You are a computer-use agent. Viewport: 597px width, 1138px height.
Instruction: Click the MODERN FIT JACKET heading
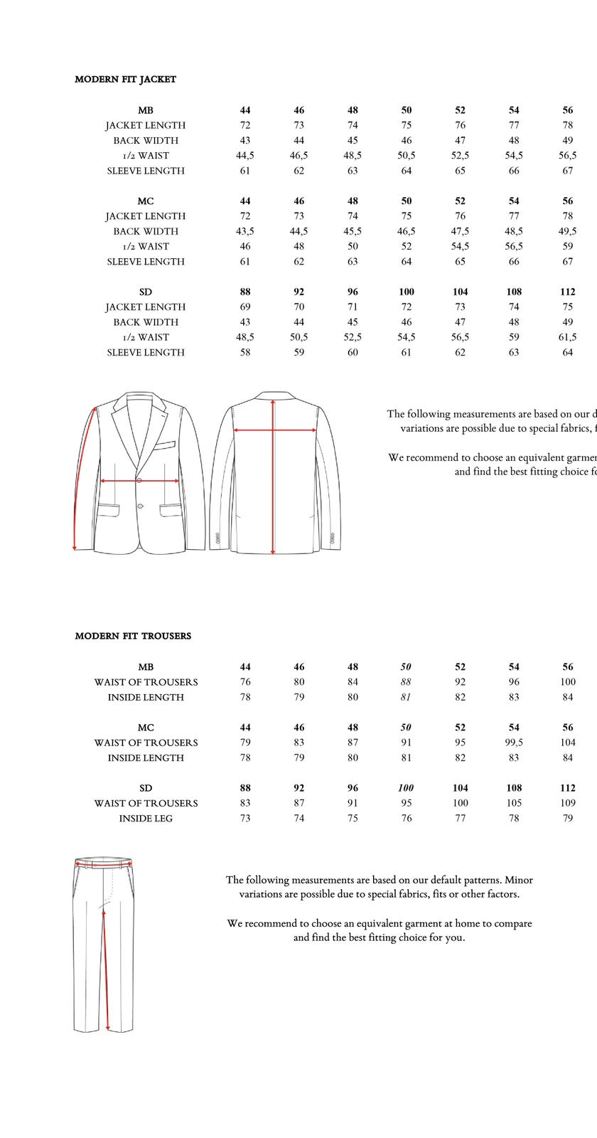click(125, 80)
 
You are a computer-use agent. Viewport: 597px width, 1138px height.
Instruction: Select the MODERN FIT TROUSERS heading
click(133, 636)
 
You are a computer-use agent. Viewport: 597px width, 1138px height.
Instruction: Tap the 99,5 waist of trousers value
click(514, 743)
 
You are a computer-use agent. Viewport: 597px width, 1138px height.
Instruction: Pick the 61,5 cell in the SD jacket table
click(567, 337)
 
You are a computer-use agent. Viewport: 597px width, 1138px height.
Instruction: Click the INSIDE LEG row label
click(146, 819)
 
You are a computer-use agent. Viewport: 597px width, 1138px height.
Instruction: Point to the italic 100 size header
click(406, 788)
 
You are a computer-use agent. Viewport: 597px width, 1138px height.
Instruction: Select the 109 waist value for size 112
click(567, 803)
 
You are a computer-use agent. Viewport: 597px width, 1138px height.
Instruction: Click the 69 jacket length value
click(245, 307)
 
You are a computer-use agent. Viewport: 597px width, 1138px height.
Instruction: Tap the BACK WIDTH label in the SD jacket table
click(146, 322)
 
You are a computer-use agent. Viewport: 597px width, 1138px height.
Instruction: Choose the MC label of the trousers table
click(146, 728)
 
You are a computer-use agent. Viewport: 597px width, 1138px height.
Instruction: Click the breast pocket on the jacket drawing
click(163, 447)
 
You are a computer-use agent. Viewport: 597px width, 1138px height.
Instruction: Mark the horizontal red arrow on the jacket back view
click(275, 430)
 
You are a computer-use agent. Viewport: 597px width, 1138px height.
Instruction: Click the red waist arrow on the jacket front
click(139, 481)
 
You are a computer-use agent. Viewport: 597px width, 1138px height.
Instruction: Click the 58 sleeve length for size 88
click(245, 353)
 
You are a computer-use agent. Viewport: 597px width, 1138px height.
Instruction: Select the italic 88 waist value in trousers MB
click(406, 682)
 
